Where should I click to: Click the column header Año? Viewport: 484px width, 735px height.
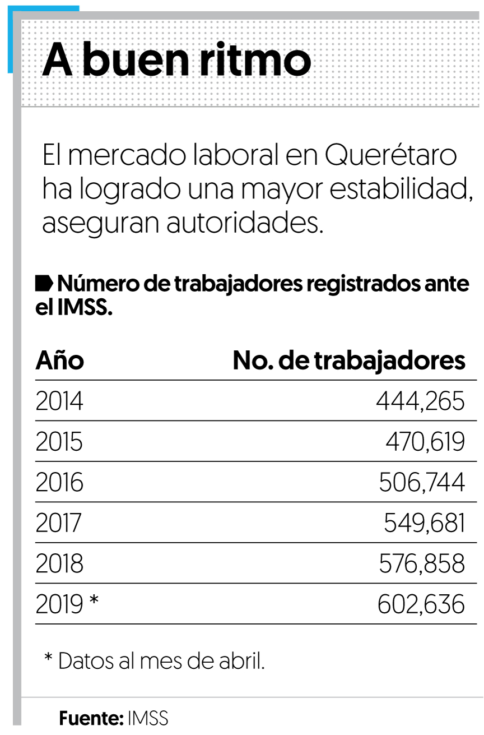click(59, 360)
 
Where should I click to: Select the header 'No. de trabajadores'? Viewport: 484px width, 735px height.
click(348, 361)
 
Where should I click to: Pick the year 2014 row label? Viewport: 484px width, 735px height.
click(59, 401)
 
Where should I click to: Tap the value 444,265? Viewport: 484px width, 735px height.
click(420, 401)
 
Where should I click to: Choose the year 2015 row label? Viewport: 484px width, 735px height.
click(59, 442)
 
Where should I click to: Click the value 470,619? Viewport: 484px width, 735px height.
click(425, 442)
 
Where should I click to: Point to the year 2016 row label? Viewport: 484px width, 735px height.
click(59, 482)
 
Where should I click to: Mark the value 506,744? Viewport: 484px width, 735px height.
click(421, 482)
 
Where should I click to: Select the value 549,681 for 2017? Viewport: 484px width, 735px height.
click(424, 523)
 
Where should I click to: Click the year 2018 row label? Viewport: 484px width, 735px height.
click(59, 563)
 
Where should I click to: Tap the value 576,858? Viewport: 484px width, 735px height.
click(421, 563)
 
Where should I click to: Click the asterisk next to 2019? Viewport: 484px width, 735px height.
click(94, 602)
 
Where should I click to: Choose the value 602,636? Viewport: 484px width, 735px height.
click(421, 604)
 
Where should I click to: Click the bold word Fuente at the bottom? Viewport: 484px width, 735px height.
click(91, 718)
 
